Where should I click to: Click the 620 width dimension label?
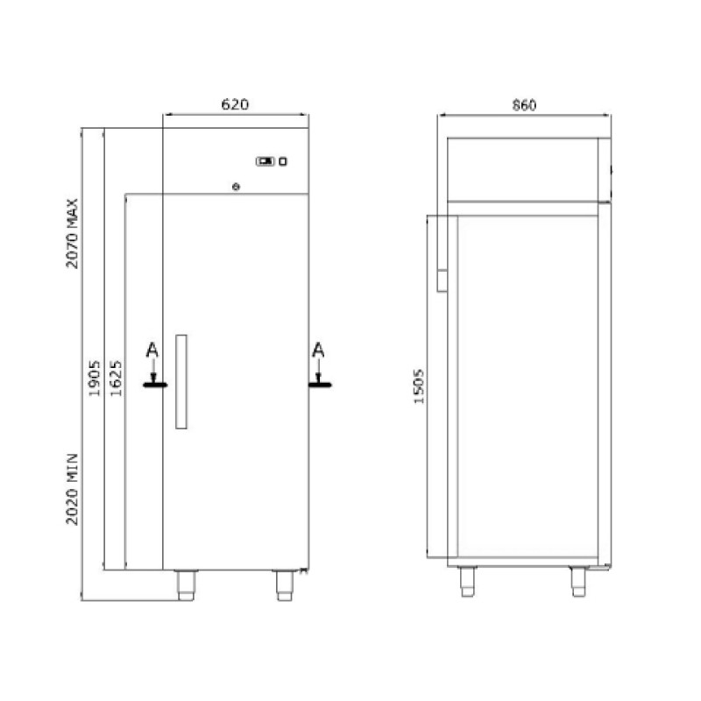[235, 104]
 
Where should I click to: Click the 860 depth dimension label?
[524, 105]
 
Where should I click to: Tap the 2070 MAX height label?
[72, 233]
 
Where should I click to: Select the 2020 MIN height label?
[72, 489]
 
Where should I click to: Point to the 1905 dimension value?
[95, 379]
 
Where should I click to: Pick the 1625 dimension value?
[116, 379]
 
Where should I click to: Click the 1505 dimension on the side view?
[419, 386]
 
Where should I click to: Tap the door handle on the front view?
[181, 381]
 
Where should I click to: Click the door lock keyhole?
[236, 187]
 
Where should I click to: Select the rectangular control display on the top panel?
[266, 161]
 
